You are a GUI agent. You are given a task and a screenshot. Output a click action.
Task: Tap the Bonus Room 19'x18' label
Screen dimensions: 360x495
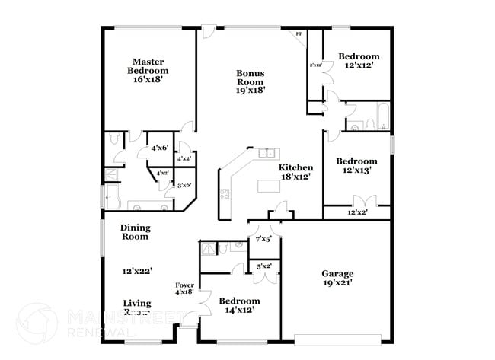coord(250,81)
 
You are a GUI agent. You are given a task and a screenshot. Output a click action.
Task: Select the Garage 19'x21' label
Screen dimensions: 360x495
coord(337,278)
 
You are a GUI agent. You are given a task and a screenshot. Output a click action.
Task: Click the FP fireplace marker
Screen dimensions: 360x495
coord(299,35)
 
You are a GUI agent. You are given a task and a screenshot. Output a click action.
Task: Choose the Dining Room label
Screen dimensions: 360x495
coord(136,232)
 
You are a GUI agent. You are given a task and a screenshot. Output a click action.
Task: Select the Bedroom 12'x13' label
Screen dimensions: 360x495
coord(357,166)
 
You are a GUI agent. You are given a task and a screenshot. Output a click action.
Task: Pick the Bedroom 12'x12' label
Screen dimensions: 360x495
coord(359,61)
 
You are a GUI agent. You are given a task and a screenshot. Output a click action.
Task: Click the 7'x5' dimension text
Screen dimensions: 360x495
coord(264,239)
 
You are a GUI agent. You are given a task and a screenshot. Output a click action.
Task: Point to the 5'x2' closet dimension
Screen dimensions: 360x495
coord(264,266)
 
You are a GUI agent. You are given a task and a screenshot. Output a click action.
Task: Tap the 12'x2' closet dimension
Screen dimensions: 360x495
coord(357,212)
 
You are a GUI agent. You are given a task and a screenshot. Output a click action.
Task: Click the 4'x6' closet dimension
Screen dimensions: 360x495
coord(159,148)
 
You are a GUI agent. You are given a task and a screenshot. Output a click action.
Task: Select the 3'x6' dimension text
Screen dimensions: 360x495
coord(184,185)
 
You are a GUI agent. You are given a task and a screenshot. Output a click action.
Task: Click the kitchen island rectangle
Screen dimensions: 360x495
coord(268,186)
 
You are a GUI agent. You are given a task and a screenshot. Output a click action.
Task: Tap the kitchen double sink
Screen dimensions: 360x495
coord(266,154)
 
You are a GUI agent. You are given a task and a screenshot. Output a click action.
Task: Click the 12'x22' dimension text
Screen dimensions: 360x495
coord(136,271)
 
